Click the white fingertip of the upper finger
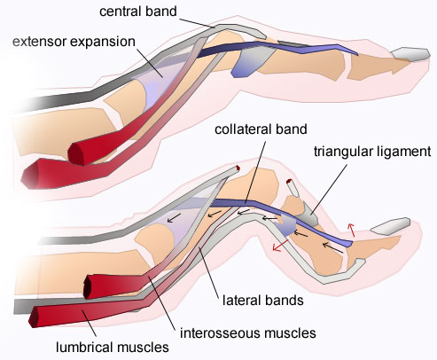click(411, 55)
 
